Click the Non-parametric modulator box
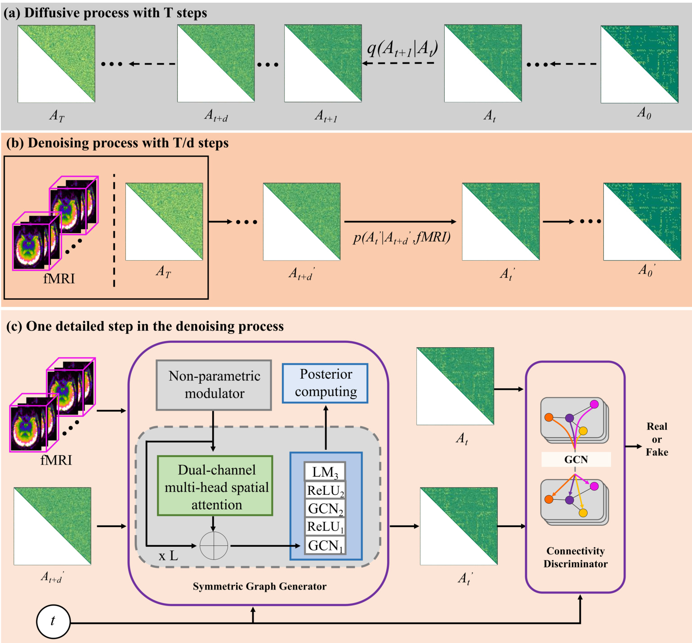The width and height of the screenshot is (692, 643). point(214,385)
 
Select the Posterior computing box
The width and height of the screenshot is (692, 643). point(325,383)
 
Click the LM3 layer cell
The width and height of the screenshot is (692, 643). point(325,472)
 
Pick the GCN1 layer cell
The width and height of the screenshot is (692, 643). point(325,545)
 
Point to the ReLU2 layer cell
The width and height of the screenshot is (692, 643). point(325,490)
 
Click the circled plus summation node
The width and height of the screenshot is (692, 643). point(214,545)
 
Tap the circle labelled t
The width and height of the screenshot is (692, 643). point(53,621)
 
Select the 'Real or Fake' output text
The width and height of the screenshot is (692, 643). point(656,439)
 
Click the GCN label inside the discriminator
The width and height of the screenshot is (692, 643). point(576,459)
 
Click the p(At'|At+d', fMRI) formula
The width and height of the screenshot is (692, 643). point(402,237)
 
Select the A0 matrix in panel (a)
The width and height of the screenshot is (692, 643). point(639,64)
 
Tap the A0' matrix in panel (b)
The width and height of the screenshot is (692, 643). point(642,222)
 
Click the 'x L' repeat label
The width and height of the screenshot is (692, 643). point(168,556)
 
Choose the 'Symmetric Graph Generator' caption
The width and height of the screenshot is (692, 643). point(259,586)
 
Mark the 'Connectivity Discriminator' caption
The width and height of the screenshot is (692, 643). point(576,557)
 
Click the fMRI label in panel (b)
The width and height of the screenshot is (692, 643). point(59,279)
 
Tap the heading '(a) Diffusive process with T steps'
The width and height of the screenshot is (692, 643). point(105,13)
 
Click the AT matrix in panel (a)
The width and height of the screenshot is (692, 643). point(56,64)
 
